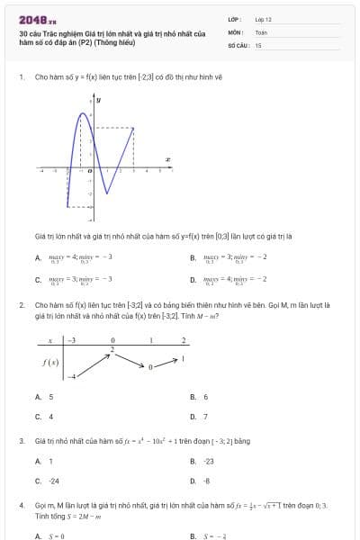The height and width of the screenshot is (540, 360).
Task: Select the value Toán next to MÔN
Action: tap(261, 31)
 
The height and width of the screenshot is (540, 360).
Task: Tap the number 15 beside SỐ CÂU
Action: tap(258, 44)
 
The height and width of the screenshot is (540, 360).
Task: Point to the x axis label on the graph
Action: tap(168, 159)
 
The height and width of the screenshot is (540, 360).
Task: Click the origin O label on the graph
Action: tap(89, 170)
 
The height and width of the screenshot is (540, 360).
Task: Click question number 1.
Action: tap(21, 77)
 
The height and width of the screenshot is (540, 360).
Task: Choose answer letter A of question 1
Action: tap(38, 258)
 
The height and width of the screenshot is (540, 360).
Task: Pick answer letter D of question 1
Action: tap(193, 280)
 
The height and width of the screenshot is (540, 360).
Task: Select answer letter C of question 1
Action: tap(38, 280)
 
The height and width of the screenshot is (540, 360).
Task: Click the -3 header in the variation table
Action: tap(72, 340)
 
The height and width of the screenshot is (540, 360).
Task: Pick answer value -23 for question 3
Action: tap(209, 461)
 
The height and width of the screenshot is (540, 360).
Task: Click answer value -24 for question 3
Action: tap(54, 481)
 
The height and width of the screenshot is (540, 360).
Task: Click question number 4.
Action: tap(21, 506)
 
